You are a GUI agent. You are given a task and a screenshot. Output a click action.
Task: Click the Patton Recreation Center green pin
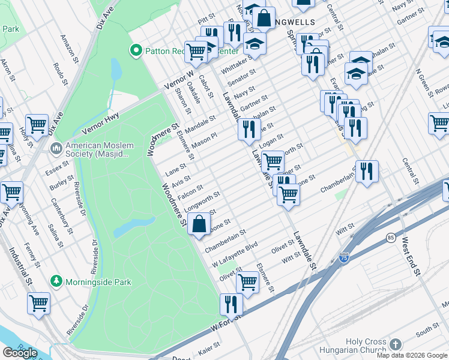pyautogui.click(x=136, y=51)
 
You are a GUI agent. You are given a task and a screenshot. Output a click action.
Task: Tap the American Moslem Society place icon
pyautogui.click(x=56, y=147)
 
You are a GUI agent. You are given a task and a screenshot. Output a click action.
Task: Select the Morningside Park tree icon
pyautogui.click(x=56, y=281)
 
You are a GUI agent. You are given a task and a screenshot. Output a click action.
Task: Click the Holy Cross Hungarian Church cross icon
pyautogui.click(x=394, y=344)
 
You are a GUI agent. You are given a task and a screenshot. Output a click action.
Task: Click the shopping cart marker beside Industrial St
pyautogui.click(x=39, y=303)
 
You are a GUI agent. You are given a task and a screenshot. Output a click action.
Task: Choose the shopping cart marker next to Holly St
pyautogui.click(x=37, y=125)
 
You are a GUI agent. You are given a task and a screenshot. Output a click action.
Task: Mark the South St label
pyautogui.click(x=427, y=329)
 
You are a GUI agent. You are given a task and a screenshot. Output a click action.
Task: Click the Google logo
pyautogui.click(x=20, y=353)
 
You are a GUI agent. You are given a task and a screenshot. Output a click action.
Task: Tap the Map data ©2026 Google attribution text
pyautogui.click(x=412, y=355)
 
